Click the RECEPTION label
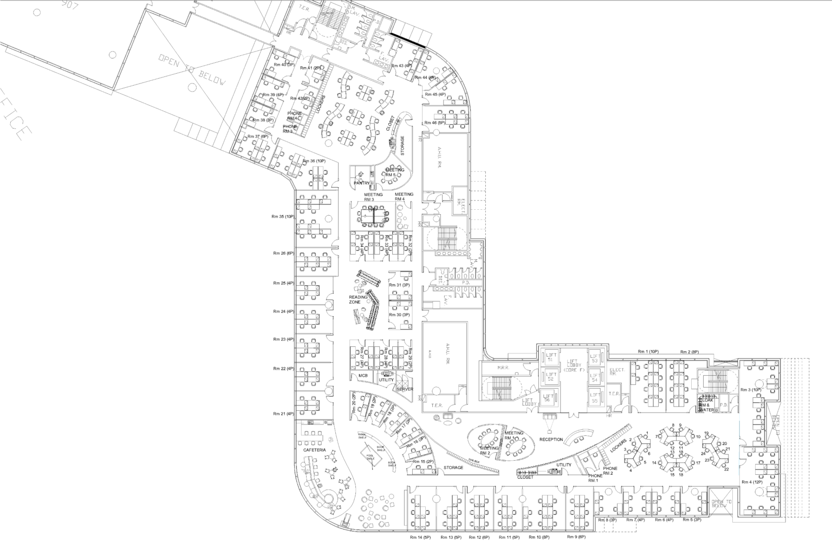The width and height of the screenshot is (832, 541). [x=551, y=439]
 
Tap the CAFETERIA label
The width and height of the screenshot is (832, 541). [x=314, y=450]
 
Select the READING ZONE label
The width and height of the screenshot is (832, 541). [x=359, y=299]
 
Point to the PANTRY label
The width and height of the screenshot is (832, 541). [x=362, y=183]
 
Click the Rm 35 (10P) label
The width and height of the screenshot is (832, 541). [x=283, y=216]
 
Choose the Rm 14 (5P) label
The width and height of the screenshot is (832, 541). [x=419, y=537]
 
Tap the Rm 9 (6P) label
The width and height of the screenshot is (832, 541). [x=576, y=537]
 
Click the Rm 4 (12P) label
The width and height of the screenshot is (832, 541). [x=752, y=482]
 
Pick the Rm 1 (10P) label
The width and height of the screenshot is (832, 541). [x=648, y=351]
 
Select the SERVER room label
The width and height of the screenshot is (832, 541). [x=405, y=389]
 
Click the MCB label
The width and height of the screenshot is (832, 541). [x=363, y=375]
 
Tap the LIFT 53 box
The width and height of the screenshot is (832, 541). [x=594, y=358]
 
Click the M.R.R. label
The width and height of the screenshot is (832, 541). [x=503, y=369]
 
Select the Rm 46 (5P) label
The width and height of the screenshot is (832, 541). [x=434, y=123]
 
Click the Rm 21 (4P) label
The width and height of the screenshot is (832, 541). [x=283, y=414]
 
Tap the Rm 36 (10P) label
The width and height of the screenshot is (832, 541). [x=314, y=161]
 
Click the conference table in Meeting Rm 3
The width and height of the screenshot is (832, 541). [x=373, y=216]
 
